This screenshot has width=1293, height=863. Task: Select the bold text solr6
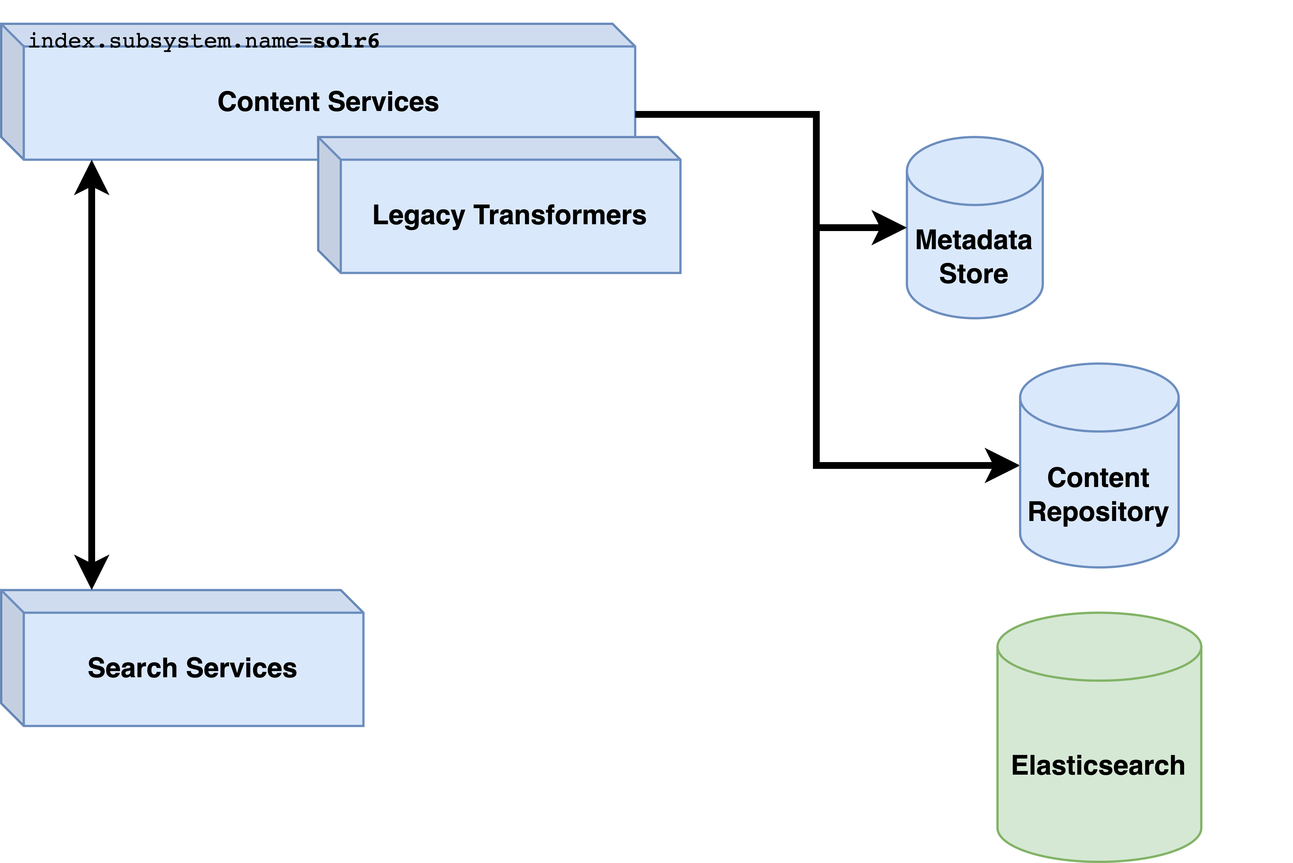pos(346,41)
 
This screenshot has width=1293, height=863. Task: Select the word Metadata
pos(973,240)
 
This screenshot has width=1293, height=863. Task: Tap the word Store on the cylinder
pos(973,274)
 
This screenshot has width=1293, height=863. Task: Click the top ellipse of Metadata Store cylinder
pos(975,171)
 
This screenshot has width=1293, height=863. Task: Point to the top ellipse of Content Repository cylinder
pos(1099,397)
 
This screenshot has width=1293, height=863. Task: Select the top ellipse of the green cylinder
pos(1099,647)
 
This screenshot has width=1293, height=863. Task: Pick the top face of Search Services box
pos(181,601)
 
